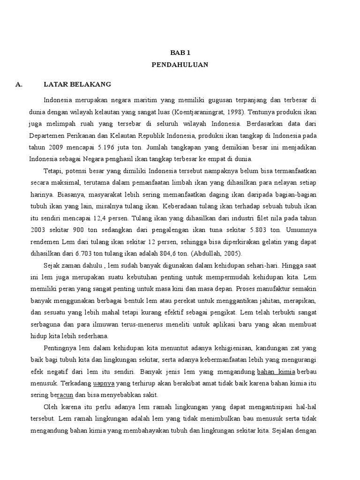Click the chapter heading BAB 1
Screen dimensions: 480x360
[180, 53]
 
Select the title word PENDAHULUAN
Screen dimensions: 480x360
[180, 65]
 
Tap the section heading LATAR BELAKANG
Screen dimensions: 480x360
[77, 84]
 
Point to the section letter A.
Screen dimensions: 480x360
[19, 84]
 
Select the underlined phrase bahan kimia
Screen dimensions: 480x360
[276, 372]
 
